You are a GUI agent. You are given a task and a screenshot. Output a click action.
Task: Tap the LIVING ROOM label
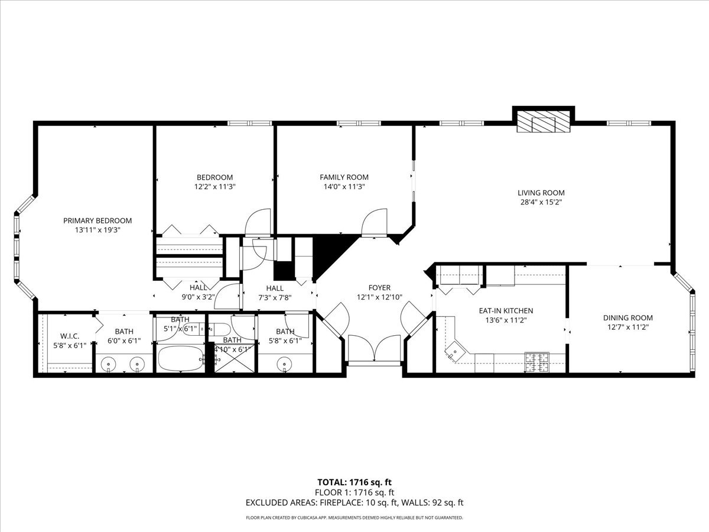[541, 193]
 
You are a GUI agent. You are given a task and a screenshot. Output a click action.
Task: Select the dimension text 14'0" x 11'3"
[344, 186]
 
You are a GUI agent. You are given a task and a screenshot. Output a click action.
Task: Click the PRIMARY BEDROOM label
[97, 220]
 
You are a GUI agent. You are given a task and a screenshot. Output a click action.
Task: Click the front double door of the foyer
[375, 349]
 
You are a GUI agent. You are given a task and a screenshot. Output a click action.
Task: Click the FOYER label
[379, 288]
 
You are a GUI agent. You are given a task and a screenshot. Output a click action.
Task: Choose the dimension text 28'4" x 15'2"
[541, 202]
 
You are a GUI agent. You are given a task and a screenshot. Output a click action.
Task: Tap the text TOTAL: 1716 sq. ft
[354, 482]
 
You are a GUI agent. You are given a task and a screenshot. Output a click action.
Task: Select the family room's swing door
[375, 222]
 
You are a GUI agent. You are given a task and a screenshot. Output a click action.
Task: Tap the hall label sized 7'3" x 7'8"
[275, 288]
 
